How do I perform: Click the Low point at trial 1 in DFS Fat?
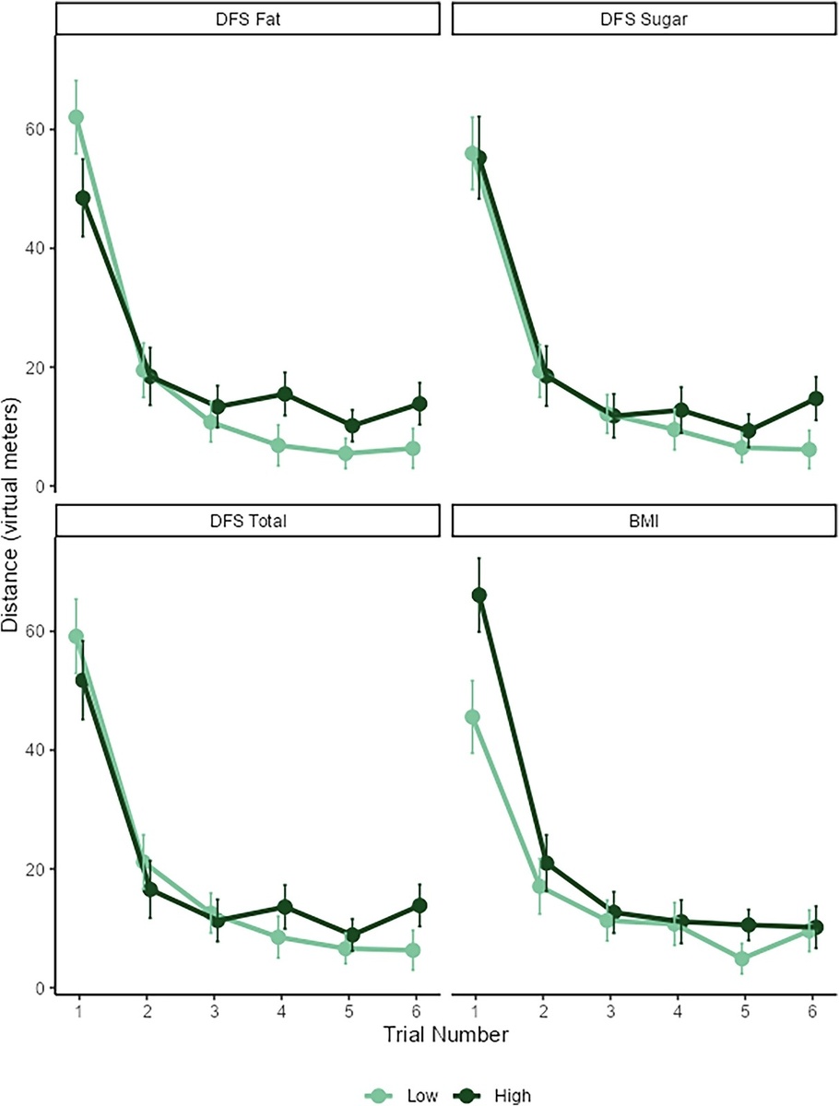(76, 117)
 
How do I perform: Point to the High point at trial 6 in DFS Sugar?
(815, 398)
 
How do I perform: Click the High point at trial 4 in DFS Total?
(285, 907)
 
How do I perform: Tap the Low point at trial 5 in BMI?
(742, 959)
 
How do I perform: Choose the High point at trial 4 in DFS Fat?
(285, 394)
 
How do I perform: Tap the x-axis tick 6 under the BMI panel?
(811, 1010)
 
